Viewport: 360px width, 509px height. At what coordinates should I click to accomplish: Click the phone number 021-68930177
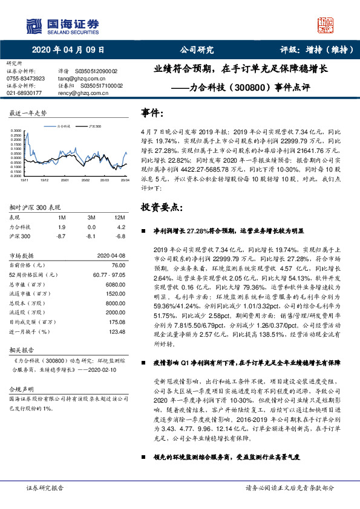tap(24, 93)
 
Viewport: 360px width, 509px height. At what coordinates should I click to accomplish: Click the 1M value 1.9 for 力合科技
tap(62, 227)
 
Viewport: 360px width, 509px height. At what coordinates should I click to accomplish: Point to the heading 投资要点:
tap(160, 207)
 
